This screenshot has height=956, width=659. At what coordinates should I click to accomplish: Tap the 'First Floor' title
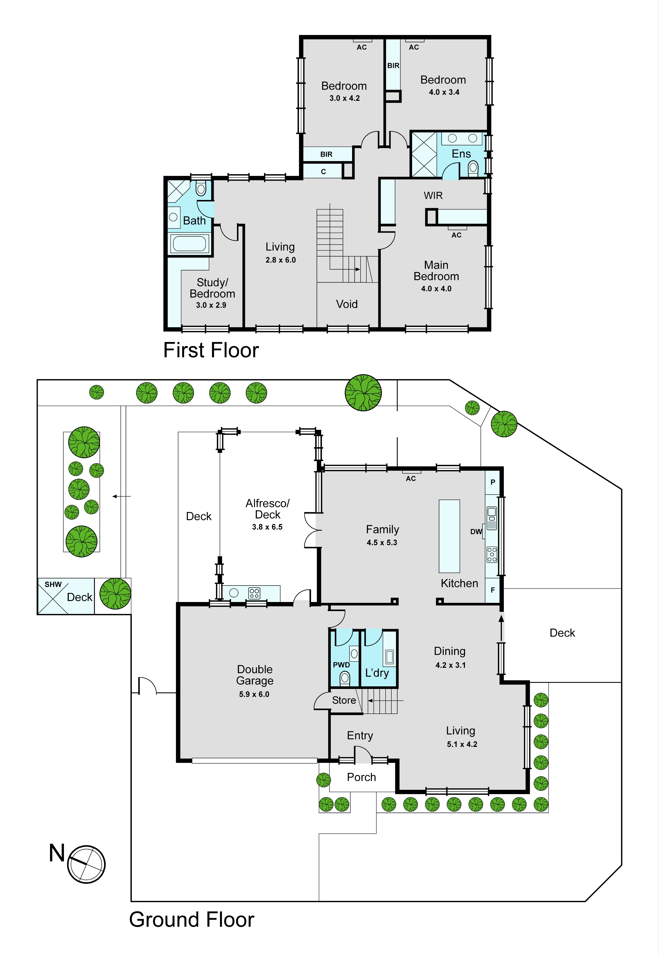click(x=211, y=350)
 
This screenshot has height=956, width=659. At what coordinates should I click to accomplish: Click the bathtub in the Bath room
click(x=189, y=243)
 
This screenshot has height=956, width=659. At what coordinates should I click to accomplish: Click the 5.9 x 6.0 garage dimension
click(x=254, y=694)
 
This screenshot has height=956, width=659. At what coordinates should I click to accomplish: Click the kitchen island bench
click(x=449, y=536)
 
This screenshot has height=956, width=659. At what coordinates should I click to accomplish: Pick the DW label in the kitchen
click(x=476, y=532)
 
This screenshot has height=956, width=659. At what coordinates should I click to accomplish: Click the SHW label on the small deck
click(x=53, y=584)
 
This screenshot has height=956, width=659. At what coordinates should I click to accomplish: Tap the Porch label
click(x=361, y=777)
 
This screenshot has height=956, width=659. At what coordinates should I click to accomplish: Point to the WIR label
click(x=433, y=195)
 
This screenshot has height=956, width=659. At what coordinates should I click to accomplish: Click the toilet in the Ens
click(x=473, y=167)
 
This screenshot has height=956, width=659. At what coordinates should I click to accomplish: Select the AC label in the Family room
click(x=411, y=479)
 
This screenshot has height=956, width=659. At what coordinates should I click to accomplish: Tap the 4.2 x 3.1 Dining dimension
click(x=450, y=665)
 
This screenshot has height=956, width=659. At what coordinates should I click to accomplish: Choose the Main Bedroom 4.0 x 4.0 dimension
click(x=436, y=289)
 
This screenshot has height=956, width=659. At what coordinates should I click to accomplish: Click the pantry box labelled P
click(x=492, y=482)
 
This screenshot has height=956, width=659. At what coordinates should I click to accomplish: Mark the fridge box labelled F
click(x=492, y=590)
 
